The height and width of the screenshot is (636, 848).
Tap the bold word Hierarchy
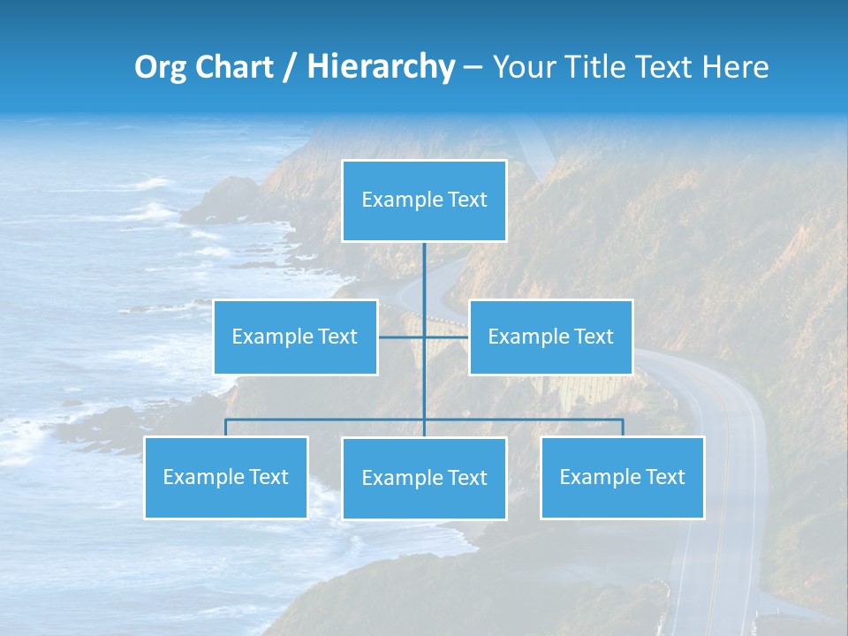(x=380, y=67)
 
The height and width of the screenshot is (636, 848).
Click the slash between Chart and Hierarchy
(x=289, y=68)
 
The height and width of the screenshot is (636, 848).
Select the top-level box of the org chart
(x=424, y=201)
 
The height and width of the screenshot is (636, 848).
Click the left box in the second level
(x=295, y=337)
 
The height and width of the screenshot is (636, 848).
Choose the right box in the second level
(x=550, y=337)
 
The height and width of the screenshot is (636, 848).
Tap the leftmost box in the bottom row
(x=225, y=477)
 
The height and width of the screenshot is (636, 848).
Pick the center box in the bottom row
(x=424, y=478)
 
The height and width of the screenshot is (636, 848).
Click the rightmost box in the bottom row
(x=622, y=477)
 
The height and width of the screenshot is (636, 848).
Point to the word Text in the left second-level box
(x=337, y=337)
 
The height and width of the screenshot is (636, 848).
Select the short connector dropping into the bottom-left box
(x=225, y=428)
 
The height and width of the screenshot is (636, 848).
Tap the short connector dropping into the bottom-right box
(x=623, y=428)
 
